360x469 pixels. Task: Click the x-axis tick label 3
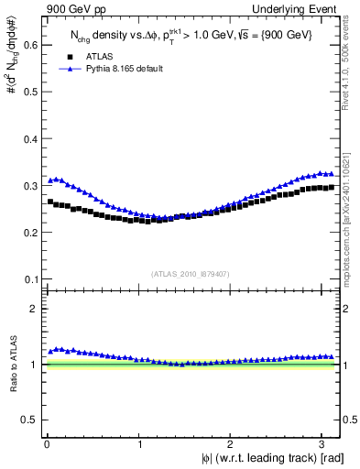point(325,444)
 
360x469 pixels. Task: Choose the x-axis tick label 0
point(48,444)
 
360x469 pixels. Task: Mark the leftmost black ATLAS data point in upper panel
point(50,202)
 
